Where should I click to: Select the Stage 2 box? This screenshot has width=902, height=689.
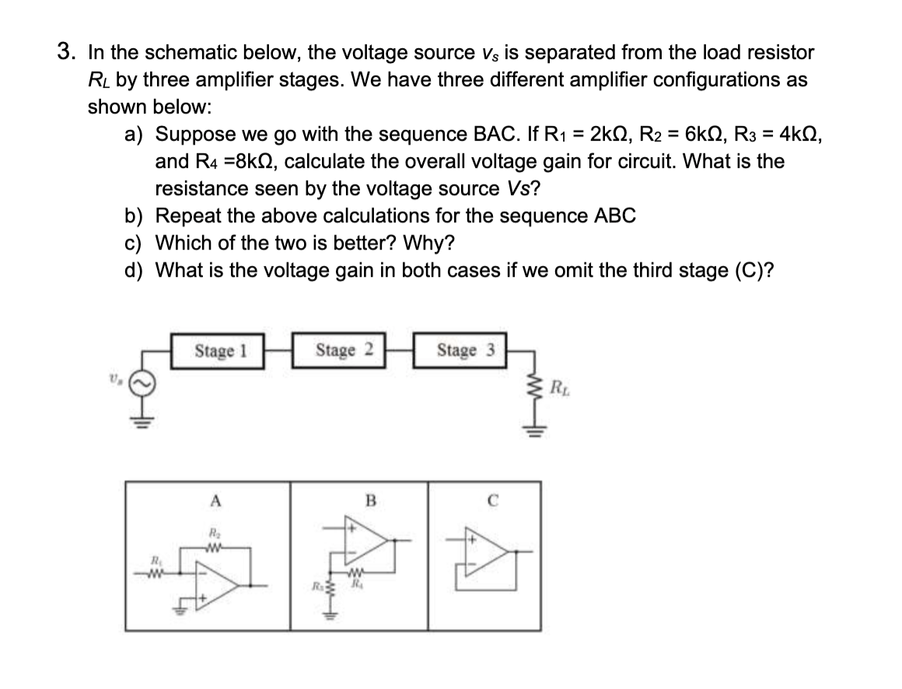click(339, 350)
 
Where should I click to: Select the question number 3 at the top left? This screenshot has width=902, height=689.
click(67, 52)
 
